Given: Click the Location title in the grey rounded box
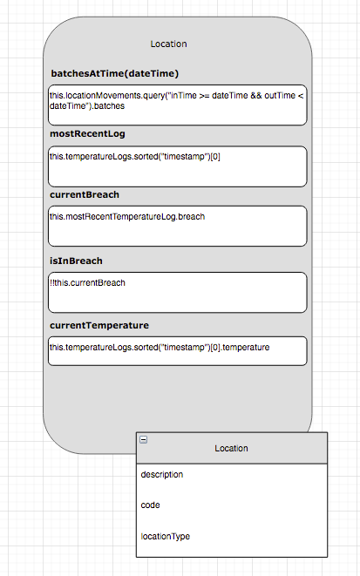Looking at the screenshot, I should pos(168,44).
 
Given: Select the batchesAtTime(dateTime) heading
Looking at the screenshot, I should pos(115,73).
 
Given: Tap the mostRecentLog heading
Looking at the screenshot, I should pos(93,134).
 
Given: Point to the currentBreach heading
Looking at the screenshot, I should pos(85,194).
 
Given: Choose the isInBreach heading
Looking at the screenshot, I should pos(77,261).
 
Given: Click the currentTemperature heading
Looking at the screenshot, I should pos(99,325).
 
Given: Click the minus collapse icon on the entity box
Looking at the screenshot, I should pos(144,439).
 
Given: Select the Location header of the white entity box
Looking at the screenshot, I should pos(231,448).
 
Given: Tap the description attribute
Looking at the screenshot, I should pos(162,475).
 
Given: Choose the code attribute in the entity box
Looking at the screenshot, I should pos(150,505).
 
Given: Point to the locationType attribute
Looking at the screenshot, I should pos(166,536).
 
